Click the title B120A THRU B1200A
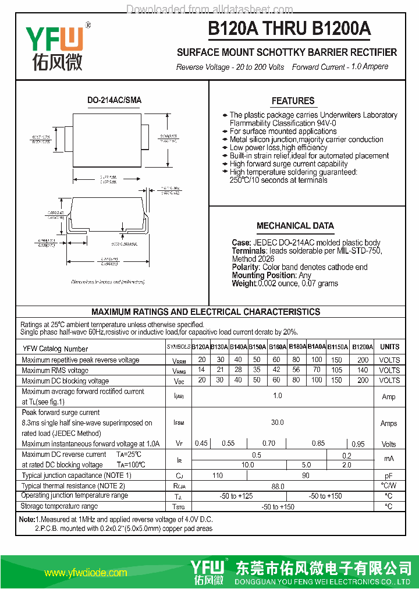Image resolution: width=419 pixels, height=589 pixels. [289, 29]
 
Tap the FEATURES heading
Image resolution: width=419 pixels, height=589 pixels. [293, 101]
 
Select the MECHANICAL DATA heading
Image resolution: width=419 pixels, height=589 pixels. [295, 226]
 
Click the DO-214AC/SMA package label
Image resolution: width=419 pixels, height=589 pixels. [114, 100]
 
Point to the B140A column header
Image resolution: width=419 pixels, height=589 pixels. [239, 347]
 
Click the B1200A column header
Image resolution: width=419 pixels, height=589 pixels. [362, 347]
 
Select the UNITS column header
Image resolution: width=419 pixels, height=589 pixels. [389, 347]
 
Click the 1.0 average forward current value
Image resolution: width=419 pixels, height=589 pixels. [278, 396]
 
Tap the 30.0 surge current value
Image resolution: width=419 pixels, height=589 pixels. [278, 423]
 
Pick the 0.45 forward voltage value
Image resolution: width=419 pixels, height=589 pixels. [201, 443]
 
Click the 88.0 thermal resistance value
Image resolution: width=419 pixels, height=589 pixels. [278, 486]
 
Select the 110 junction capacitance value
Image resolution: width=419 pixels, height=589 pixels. [217, 476]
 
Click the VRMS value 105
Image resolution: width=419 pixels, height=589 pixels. [336, 370]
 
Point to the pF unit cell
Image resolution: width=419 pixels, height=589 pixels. [389, 476]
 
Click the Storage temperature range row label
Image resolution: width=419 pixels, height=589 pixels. [60, 506]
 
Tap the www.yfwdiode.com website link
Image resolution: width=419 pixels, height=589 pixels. [86, 573]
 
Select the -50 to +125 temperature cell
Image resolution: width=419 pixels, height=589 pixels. [236, 496]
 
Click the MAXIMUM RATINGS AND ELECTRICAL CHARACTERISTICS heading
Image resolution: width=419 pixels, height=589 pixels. [206, 312]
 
